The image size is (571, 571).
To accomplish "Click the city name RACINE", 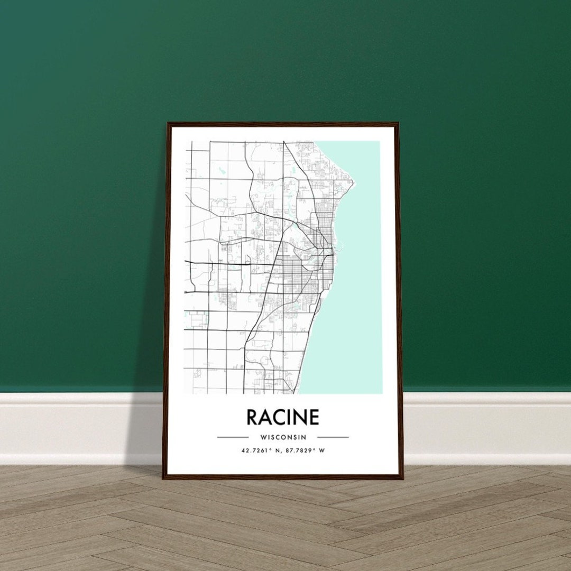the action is [283, 417].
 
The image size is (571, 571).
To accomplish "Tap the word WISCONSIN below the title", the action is [283, 437].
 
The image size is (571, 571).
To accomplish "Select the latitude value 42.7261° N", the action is [259, 450].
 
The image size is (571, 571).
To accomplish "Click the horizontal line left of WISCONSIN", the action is [233, 437].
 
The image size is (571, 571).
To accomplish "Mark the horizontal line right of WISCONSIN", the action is [333, 437].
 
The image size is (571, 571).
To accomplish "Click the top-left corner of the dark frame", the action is [168, 124].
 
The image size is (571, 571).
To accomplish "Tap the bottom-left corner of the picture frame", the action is [164, 477].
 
